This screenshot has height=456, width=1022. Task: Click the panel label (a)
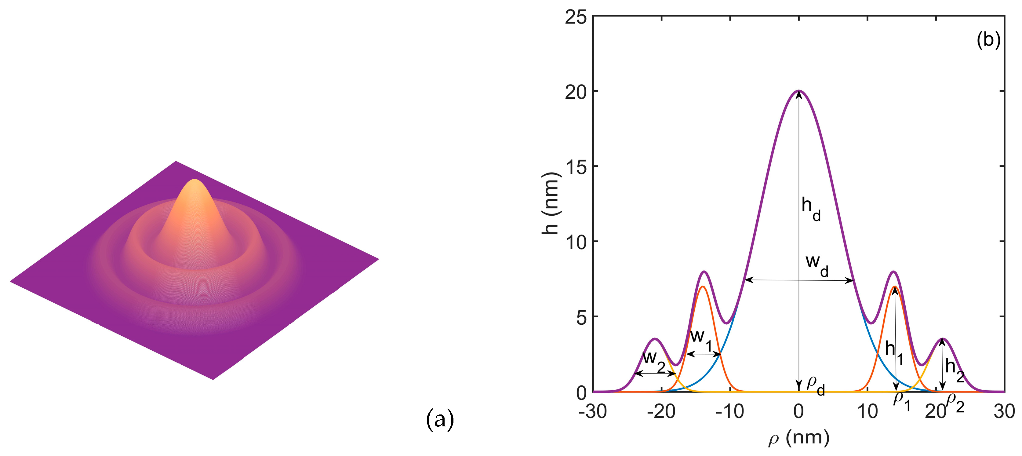(x=440, y=419)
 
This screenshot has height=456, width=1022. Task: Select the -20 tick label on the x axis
(x=661, y=411)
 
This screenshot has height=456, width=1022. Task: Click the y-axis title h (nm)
(x=550, y=204)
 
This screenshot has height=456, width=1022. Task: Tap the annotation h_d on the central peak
(x=810, y=209)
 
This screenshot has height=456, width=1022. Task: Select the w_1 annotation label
(x=701, y=340)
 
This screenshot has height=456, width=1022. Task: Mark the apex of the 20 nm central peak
(x=798, y=91)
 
